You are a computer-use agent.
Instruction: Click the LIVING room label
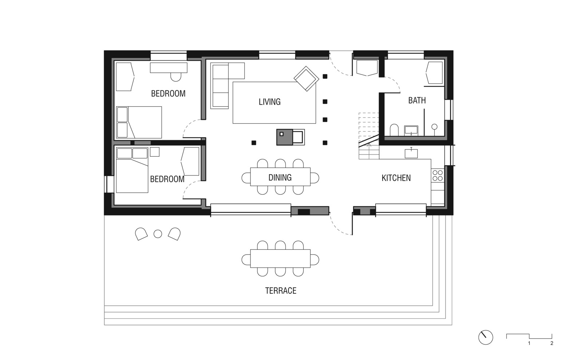click(x=269, y=102)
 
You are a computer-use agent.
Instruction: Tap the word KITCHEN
click(x=396, y=178)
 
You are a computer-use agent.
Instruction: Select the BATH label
click(x=417, y=100)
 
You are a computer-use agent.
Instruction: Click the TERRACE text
click(x=280, y=290)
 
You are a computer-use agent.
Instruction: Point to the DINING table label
click(x=280, y=177)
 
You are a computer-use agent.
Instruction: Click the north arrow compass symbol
click(x=485, y=337)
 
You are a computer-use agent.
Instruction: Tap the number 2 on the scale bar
click(x=552, y=343)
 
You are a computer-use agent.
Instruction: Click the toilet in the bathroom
click(x=394, y=130)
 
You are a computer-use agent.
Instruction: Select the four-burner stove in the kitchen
click(x=437, y=175)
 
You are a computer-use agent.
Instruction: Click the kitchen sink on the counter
click(x=411, y=153)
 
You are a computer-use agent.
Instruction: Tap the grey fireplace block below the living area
click(x=284, y=137)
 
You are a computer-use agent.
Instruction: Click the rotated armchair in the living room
click(x=306, y=78)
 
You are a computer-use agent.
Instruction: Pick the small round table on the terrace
click(x=158, y=234)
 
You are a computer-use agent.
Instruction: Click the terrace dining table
click(x=280, y=258)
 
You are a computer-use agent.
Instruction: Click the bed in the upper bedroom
click(x=139, y=122)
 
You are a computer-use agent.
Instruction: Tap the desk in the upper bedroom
click(x=169, y=68)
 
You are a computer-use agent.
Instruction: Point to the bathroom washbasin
click(x=411, y=130)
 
